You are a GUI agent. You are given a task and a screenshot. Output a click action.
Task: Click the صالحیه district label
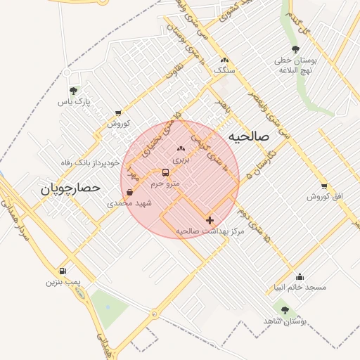coord(245,136)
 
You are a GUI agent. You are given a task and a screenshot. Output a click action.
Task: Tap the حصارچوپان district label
coord(70,188)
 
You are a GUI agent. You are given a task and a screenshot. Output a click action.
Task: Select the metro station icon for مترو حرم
coord(166,172)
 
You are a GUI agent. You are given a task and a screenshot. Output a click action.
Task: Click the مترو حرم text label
coord(166,184)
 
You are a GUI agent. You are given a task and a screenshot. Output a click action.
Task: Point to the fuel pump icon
coord(63,271)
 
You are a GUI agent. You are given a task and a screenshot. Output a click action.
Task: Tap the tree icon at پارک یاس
coord(73,91)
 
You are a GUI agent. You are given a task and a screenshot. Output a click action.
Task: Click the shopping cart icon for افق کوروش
coord(323,186)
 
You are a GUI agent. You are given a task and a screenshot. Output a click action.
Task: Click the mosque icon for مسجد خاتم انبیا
coord(300,276)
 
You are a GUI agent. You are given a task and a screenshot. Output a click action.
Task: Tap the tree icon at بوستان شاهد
coord(285,310)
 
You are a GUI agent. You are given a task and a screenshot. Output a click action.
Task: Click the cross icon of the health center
coord(210,220)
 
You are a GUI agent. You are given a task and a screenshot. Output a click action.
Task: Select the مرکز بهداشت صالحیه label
coord(210,231)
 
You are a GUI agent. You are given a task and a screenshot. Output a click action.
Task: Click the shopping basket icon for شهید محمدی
coord(130,192)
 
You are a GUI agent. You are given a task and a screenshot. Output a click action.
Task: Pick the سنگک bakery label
coord(224,71)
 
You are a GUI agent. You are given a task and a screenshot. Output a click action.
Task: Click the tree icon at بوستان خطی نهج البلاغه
coord(295,49)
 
